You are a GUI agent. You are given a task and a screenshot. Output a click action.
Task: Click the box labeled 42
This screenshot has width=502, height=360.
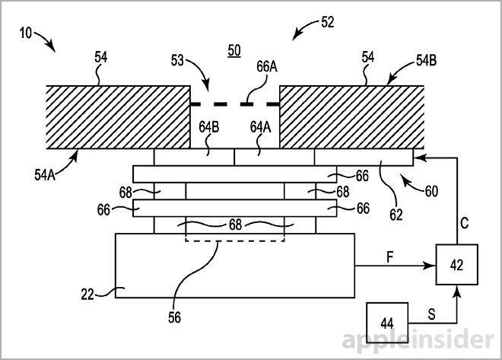coord(456,266)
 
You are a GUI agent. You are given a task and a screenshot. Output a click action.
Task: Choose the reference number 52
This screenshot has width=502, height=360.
coord(328,22)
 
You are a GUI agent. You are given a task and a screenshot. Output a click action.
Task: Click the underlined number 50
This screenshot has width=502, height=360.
coord(235,50)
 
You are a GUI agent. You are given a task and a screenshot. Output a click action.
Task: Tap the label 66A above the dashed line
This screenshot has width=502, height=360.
coord(267,68)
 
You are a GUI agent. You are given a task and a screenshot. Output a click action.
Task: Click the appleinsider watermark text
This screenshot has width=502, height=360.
coord(411,338)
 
